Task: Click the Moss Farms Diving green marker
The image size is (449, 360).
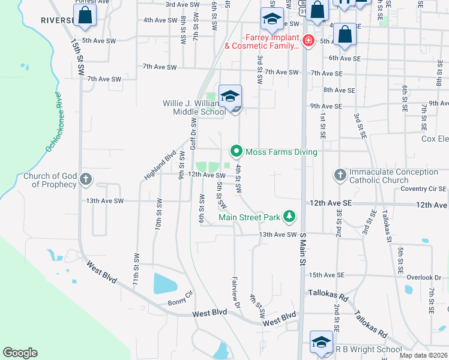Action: click(237, 152)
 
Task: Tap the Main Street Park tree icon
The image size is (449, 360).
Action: click(289, 216)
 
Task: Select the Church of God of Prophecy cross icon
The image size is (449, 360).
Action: click(86, 179)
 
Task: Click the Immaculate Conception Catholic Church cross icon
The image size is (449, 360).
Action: click(340, 175)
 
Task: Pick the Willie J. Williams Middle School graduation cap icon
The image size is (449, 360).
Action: click(230, 96)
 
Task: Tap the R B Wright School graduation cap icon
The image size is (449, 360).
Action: click(321, 342)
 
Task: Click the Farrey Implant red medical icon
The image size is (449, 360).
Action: click(308, 41)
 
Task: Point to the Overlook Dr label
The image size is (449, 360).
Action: click(424, 277)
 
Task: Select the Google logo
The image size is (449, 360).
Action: click(20, 353)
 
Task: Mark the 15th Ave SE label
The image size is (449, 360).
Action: click(327, 275)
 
